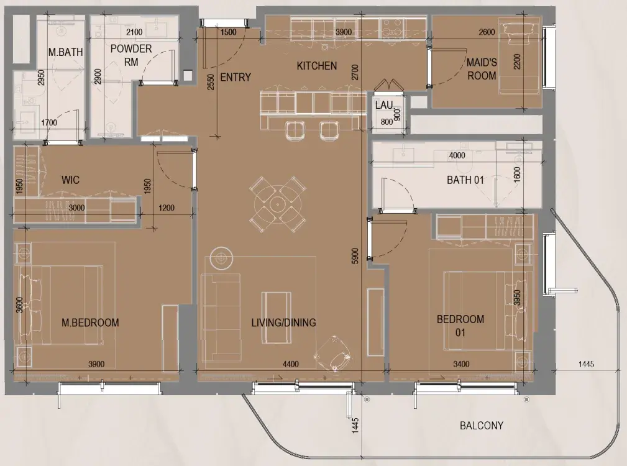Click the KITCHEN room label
317,65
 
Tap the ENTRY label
236,77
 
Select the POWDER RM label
131,55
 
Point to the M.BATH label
66,52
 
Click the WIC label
70,180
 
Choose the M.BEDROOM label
90,322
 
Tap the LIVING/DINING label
283,322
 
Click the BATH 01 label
465,180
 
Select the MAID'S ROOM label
482,69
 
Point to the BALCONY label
482,425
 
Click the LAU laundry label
384,105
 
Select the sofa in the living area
221,318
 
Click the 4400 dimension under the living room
291,364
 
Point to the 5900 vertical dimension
355,256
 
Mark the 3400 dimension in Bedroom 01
461,364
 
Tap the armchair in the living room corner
333,353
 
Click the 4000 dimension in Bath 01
457,155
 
